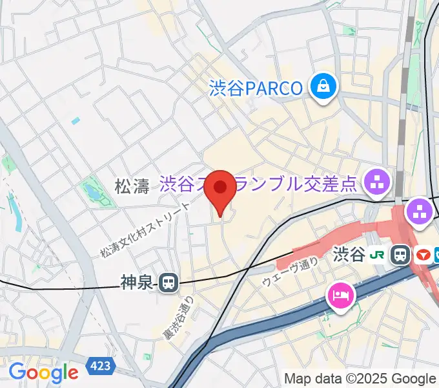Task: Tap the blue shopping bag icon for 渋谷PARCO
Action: click(x=322, y=87)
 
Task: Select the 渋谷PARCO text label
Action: click(x=256, y=87)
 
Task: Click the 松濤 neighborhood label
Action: click(x=132, y=187)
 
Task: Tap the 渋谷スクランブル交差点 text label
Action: click(x=258, y=185)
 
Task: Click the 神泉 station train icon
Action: click(x=169, y=282)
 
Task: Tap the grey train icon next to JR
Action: click(x=402, y=254)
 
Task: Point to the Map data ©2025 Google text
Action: click(x=360, y=378)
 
